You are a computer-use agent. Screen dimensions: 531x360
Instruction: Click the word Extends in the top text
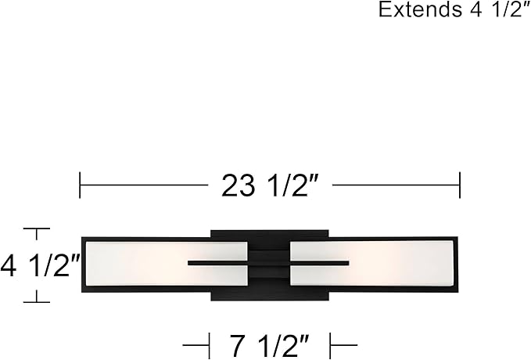(x=420, y=9)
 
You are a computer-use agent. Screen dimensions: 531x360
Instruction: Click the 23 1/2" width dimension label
(x=271, y=185)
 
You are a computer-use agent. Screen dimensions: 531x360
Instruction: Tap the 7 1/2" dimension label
(x=270, y=345)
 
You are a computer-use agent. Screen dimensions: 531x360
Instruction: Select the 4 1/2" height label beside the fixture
(x=40, y=266)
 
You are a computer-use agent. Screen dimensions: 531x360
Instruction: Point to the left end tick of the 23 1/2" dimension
(x=80, y=185)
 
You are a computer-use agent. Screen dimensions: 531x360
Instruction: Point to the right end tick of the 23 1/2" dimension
(x=460, y=185)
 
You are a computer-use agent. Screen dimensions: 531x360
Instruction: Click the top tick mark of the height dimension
(x=36, y=229)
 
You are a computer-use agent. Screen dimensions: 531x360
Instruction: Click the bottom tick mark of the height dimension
(x=36, y=301)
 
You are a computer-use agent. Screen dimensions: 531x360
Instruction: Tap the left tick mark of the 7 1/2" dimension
(x=209, y=345)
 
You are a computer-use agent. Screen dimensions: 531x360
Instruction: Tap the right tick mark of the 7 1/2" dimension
(x=331, y=345)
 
